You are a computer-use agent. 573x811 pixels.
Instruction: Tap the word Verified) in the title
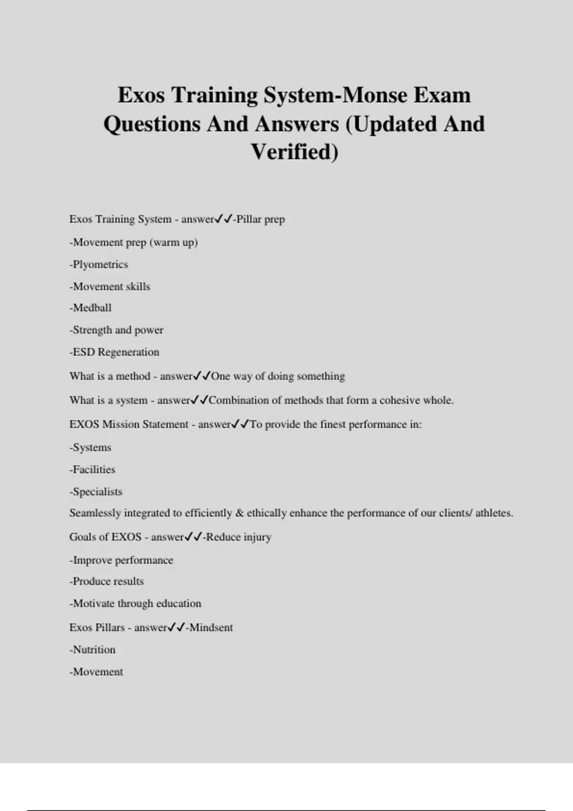(295, 152)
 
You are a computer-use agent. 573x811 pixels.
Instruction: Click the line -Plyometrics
(99, 264)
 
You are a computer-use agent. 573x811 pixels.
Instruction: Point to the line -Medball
(91, 308)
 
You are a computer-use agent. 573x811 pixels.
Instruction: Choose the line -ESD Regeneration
(115, 352)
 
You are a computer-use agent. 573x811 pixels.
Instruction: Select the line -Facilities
(93, 469)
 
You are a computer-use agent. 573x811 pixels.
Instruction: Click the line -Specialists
(96, 491)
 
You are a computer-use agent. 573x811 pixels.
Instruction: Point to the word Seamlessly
(95, 513)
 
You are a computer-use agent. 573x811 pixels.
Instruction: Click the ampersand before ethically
(240, 513)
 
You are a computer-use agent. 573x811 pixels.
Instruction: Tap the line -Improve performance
(121, 560)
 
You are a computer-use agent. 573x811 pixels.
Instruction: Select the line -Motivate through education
(136, 603)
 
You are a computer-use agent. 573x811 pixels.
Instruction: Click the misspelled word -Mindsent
(210, 627)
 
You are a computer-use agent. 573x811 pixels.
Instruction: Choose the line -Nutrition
(93, 650)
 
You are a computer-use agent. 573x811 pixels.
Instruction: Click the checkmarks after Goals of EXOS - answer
(193, 537)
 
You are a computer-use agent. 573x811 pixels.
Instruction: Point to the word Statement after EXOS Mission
(165, 425)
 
